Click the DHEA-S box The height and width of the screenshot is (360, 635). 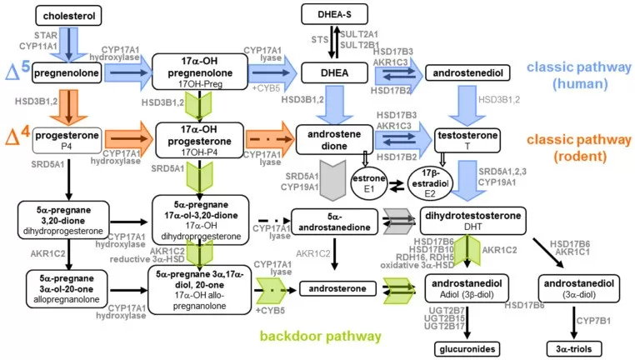coord(337,14)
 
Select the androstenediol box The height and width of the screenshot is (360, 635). coord(466,74)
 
